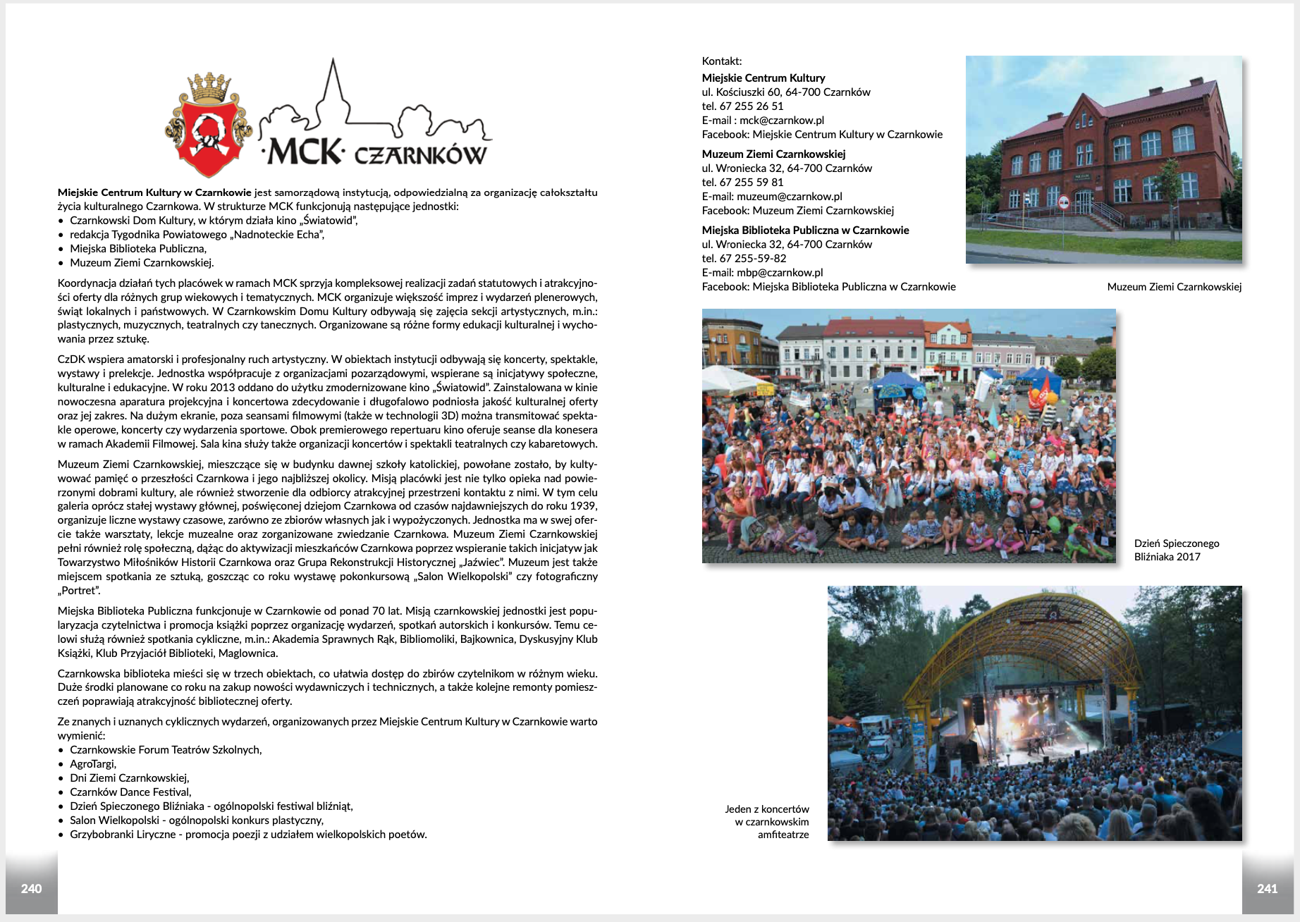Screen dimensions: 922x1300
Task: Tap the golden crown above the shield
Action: tap(209, 86)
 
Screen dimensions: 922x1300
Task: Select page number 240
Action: tap(31, 889)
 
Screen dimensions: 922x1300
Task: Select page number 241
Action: tap(1267, 889)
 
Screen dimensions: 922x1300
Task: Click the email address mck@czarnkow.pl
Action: tap(782, 121)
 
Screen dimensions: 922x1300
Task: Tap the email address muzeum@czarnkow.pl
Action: tap(789, 197)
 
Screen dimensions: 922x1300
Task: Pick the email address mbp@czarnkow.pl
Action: tap(780, 273)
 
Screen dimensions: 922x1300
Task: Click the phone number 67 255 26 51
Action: tap(752, 106)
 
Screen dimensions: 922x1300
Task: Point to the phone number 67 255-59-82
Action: tap(753, 259)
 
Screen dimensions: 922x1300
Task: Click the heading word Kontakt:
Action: tap(722, 61)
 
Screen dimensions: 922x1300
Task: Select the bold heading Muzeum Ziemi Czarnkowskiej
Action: tap(773, 154)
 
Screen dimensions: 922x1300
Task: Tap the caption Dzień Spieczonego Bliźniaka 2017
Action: tap(1176, 550)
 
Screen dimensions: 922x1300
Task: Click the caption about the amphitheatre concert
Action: tap(767, 822)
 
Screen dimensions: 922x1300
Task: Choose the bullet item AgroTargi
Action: tap(93, 764)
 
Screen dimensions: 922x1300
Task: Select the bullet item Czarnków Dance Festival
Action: tap(130, 792)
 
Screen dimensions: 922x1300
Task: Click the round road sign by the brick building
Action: tap(1064, 203)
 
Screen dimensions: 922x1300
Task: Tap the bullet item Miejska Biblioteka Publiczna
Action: tap(138, 249)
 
